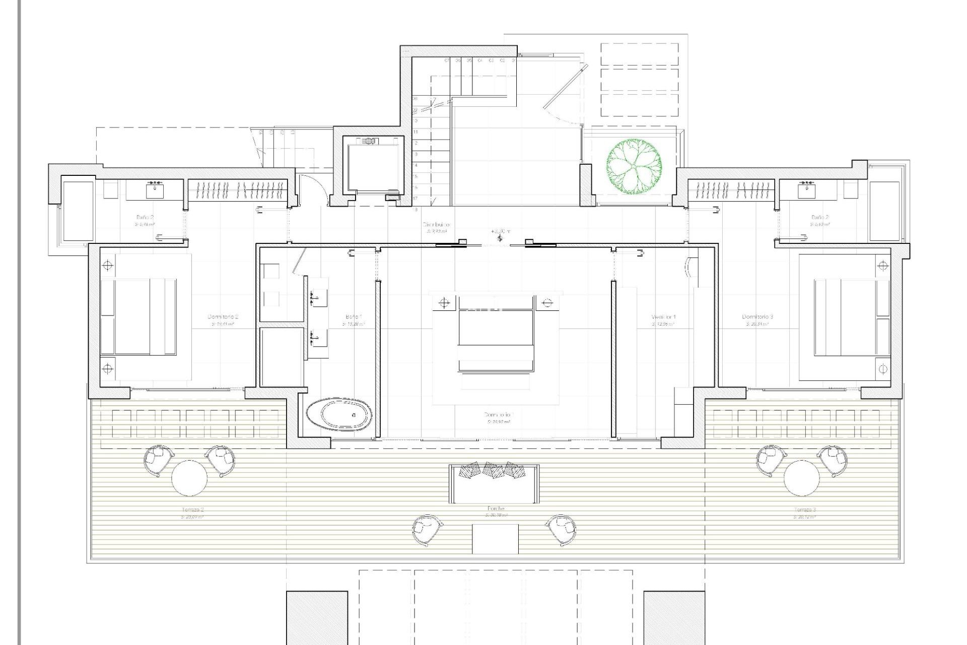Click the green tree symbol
(x=634, y=167)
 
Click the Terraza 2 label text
(x=192, y=510)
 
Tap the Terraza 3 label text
(x=804, y=510)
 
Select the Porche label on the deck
(x=496, y=509)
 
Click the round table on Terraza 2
(x=189, y=478)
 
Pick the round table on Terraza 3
(x=802, y=478)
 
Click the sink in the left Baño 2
(x=155, y=190)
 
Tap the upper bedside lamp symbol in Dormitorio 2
(x=108, y=266)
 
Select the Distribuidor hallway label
(x=436, y=225)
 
